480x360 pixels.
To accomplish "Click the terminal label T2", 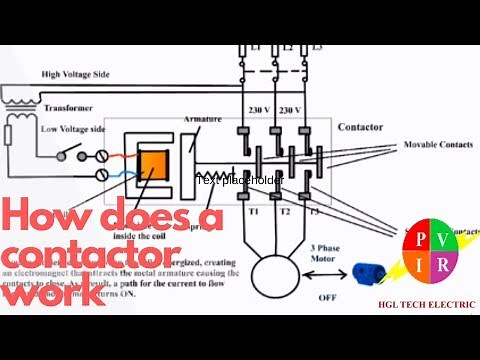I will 285,212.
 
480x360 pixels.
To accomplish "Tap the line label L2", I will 287,48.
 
